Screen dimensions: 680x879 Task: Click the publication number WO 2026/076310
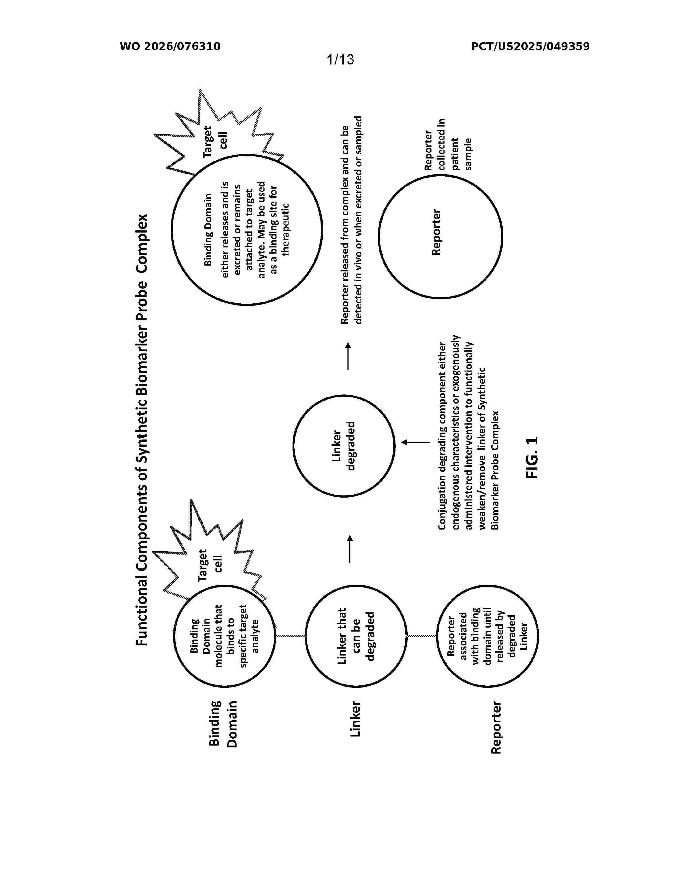coord(170,47)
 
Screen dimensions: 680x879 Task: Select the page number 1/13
coord(341,60)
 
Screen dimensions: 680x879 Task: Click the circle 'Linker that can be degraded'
coord(306,637)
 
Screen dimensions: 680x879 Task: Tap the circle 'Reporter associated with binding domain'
coord(437,637)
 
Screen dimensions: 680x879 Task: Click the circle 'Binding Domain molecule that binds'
coord(173,637)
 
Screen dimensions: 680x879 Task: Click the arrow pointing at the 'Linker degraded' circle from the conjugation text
coord(416,442)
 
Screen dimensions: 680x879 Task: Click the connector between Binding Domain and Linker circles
coord(290,636)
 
